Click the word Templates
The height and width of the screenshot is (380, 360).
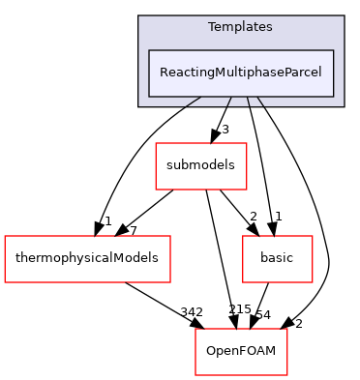(x=240, y=27)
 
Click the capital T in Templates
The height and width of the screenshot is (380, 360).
(x=212, y=27)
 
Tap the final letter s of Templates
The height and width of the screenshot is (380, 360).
(x=269, y=27)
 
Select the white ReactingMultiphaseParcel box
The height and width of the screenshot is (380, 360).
(x=240, y=73)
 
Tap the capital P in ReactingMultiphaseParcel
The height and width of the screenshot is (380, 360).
(x=287, y=73)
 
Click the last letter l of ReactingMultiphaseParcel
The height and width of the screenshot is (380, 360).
(x=319, y=73)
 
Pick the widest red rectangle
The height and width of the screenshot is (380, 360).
(x=87, y=259)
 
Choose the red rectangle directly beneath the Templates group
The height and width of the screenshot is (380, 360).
(x=201, y=166)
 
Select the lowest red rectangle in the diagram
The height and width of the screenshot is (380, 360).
(x=241, y=352)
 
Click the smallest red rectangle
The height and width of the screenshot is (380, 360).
(x=278, y=259)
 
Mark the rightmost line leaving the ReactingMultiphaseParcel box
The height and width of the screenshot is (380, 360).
(x=260, y=101)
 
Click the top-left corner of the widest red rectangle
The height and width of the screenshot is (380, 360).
(x=5, y=236)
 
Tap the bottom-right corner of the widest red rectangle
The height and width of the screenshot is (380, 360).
(x=170, y=282)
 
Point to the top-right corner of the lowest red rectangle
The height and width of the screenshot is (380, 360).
(x=287, y=329)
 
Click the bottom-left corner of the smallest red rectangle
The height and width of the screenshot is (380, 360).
(x=243, y=282)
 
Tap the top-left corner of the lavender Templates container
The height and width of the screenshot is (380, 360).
(x=138, y=16)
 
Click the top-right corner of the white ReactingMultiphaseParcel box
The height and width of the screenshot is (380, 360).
(x=333, y=50)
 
